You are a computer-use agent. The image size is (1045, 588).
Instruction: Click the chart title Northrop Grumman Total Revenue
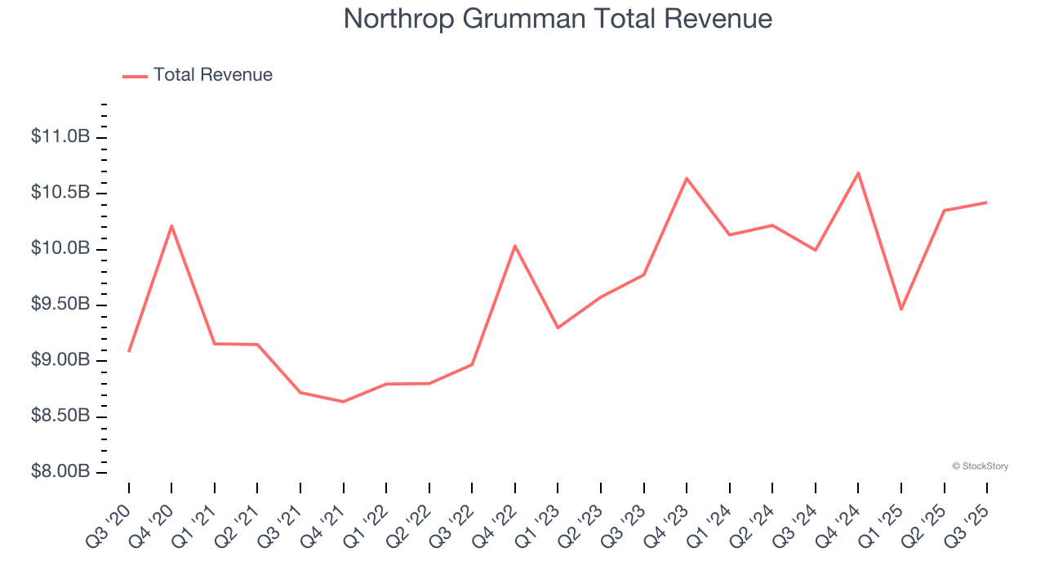tap(558, 19)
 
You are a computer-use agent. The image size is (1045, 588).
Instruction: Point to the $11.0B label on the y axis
tap(60, 136)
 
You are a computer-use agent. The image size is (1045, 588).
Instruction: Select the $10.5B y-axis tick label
tap(60, 193)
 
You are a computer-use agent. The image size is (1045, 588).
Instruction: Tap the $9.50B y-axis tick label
tap(60, 305)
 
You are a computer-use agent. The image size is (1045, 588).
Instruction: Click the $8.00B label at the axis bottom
tap(60, 472)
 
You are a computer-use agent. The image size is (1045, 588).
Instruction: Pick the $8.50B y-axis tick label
tap(60, 416)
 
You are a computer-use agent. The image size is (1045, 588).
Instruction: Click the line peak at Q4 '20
tap(171, 225)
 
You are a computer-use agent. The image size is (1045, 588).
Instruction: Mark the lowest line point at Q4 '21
tap(343, 401)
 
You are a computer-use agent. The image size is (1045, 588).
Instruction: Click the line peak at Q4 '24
tap(858, 173)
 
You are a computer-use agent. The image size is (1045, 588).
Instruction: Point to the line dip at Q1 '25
tap(901, 309)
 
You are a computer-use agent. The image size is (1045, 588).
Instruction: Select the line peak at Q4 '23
tap(687, 178)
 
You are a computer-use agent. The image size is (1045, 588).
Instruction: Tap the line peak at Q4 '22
tap(515, 246)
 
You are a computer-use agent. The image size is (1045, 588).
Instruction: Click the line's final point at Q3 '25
tap(986, 203)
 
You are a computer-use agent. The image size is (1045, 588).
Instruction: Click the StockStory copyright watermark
tap(980, 466)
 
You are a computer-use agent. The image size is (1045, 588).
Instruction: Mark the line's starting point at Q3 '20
tap(129, 351)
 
